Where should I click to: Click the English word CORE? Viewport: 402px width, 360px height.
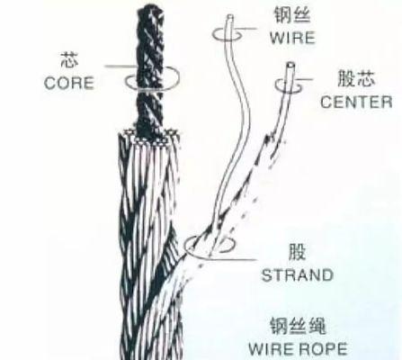tap(69, 83)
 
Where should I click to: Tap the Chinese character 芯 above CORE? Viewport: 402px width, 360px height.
tap(69, 60)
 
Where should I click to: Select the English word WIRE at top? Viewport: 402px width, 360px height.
tap(292, 38)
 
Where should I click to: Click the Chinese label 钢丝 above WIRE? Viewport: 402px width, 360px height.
tap(292, 15)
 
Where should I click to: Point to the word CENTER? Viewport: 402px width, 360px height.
tap(356, 102)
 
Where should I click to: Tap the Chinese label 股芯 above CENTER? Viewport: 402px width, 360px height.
tap(356, 78)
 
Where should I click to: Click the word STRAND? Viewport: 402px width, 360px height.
tap(298, 275)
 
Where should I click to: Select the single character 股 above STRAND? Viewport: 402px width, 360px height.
tap(298, 252)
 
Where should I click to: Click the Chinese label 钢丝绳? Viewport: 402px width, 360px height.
tap(298, 326)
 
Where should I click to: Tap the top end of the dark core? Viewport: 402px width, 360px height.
tap(151, 6)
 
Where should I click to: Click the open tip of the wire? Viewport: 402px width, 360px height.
tap(230, 16)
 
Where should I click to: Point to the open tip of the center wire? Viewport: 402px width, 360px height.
tap(290, 65)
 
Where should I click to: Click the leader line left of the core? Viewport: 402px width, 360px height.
tap(121, 67)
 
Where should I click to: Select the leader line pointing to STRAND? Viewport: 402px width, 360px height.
tap(235, 258)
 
